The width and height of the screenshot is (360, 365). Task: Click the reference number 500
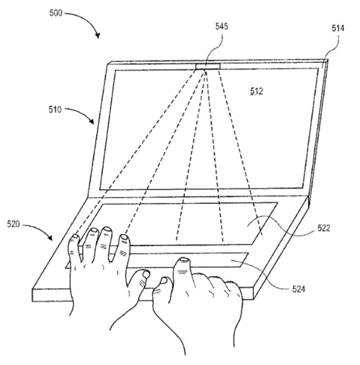(x=56, y=13)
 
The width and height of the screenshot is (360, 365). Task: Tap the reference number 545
(x=221, y=26)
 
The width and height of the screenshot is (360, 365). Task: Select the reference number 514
(x=338, y=28)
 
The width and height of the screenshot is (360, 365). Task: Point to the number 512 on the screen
(x=257, y=91)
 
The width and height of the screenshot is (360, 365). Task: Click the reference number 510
(x=55, y=109)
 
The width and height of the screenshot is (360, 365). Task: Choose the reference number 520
(x=14, y=224)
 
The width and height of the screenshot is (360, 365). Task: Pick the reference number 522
(x=324, y=228)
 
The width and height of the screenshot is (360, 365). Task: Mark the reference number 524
(x=298, y=289)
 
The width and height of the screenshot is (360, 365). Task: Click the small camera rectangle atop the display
(x=208, y=66)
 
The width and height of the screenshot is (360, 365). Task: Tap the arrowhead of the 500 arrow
(x=98, y=35)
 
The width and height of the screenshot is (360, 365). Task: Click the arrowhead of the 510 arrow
(x=92, y=121)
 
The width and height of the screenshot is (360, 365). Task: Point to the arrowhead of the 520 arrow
(x=50, y=238)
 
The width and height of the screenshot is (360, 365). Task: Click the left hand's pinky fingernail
(x=75, y=236)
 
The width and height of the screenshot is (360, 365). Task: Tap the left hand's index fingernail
(x=124, y=237)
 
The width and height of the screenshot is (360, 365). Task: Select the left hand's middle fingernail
(x=107, y=229)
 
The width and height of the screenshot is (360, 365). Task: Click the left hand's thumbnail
(x=146, y=274)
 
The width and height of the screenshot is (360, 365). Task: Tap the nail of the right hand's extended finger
(x=184, y=259)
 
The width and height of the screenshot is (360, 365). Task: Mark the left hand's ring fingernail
(x=94, y=230)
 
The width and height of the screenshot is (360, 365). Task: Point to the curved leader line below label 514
(x=330, y=50)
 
